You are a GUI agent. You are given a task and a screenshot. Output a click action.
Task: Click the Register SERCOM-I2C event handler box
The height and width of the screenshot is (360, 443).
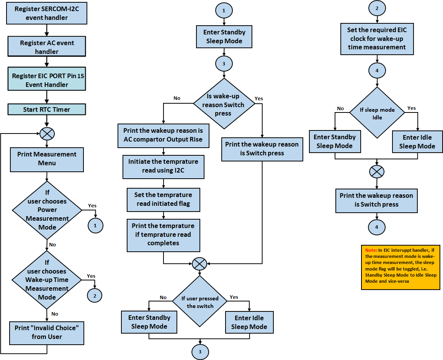(x=47, y=13)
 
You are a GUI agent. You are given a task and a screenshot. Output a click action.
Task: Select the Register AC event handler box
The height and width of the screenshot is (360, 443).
(x=47, y=47)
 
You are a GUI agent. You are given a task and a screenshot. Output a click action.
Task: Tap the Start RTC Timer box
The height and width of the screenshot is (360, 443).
(x=47, y=109)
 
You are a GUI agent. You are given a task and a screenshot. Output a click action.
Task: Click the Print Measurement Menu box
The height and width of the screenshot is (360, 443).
(x=47, y=159)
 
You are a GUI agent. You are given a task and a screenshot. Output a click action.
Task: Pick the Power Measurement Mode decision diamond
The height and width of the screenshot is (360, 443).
(x=47, y=210)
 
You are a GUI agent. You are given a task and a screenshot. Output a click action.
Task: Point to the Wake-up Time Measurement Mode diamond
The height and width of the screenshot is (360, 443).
(x=47, y=280)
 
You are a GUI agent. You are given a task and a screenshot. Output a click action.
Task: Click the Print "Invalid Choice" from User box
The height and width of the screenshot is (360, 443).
(x=47, y=332)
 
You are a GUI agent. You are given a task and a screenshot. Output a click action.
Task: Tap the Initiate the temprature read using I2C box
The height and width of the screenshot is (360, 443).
(x=163, y=166)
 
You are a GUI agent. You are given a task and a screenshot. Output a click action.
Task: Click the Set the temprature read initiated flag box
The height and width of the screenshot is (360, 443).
(x=163, y=199)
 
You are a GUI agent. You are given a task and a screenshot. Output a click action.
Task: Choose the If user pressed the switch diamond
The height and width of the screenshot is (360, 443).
(x=199, y=302)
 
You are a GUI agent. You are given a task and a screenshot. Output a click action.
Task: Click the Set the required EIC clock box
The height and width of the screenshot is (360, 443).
(x=377, y=39)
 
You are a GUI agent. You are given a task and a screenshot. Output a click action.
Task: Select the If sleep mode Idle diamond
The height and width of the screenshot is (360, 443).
(x=377, y=113)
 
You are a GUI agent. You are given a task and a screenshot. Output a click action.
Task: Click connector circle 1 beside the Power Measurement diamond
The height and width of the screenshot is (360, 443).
(x=95, y=226)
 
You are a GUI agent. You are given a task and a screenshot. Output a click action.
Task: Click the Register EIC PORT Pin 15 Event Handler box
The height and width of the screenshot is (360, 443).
(x=47, y=80)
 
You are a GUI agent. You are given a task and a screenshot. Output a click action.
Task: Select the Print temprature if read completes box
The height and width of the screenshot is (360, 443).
(x=163, y=235)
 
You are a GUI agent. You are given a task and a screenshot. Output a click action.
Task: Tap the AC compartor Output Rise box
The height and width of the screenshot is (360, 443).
(x=164, y=135)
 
